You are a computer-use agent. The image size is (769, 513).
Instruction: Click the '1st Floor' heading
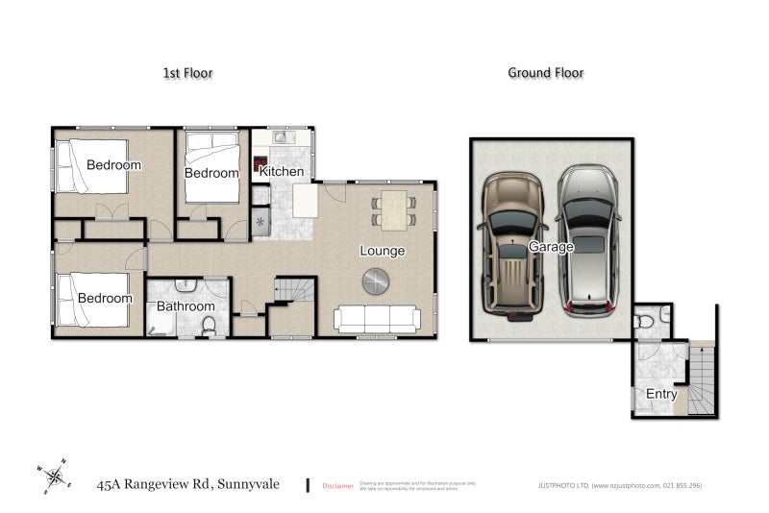pyautogui.click(x=187, y=73)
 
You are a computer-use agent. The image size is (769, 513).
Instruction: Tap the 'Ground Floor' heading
pyautogui.click(x=545, y=73)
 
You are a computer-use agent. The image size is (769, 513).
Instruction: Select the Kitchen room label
pyautogui.click(x=282, y=172)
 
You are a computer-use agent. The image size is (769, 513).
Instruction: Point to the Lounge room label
pyautogui.click(x=382, y=251)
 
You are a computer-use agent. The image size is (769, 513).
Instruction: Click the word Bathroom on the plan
pyautogui.click(x=186, y=306)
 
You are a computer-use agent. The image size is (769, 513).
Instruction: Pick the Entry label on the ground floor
pyautogui.click(x=661, y=394)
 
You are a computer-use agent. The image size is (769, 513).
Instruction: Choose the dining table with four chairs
pyautogui.click(x=394, y=208)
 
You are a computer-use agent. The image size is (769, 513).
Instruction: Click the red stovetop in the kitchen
pyautogui.click(x=259, y=164)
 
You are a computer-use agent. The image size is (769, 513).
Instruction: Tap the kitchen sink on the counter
pyautogui.click(x=282, y=136)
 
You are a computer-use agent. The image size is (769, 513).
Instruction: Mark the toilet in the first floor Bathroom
pyautogui.click(x=209, y=327)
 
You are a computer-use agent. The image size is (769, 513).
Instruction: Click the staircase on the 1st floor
pyautogui.click(x=295, y=292)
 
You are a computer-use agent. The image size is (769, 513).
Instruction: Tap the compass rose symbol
pyautogui.click(x=57, y=476)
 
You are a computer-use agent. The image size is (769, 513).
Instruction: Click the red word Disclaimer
pyautogui.click(x=337, y=485)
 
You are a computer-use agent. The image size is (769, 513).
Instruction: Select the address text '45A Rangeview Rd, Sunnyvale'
pyautogui.click(x=188, y=484)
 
